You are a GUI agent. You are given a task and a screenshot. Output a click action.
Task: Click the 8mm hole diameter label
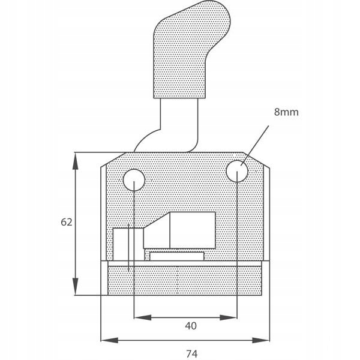(286, 112)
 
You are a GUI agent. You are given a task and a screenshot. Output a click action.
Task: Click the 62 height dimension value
(67, 222)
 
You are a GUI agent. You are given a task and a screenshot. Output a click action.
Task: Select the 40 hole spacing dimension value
(191, 326)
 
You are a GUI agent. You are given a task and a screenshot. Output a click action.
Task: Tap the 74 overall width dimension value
(192, 354)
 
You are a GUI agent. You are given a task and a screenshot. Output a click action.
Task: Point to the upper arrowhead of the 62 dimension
(75, 161)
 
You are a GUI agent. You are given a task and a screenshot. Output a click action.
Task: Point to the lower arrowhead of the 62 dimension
(75, 286)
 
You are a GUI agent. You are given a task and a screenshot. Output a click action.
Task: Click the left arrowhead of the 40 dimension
(143, 318)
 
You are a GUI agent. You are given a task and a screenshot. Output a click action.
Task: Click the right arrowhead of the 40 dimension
(229, 318)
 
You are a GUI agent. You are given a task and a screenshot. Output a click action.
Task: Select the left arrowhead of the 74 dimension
(110, 340)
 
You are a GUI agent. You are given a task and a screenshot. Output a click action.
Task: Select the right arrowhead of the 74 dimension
(261, 340)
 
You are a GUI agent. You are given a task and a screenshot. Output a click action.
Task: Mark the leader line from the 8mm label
(254, 145)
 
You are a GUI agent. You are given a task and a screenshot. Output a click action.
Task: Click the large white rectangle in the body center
(193, 230)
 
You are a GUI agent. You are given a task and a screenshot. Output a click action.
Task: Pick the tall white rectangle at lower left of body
(128, 245)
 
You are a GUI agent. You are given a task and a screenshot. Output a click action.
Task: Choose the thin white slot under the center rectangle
(177, 256)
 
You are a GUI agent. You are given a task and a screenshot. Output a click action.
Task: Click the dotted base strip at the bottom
(185, 281)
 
